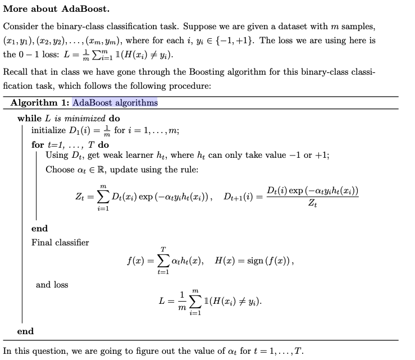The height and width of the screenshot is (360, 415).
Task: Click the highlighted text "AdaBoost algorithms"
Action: (115, 103)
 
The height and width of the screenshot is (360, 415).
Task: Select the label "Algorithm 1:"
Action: (40, 103)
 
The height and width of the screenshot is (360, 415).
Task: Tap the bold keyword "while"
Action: (29, 119)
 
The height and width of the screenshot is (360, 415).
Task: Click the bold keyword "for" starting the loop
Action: (38, 144)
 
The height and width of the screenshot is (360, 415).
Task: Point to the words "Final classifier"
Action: (60, 243)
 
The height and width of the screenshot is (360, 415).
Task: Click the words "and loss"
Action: (52, 285)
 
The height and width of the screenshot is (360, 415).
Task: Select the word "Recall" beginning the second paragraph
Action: (16, 72)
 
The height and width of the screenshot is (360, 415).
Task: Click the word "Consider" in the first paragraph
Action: (21, 27)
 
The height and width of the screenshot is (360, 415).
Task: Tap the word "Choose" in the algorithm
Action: (60, 170)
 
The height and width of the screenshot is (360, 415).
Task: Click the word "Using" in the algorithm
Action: (57, 156)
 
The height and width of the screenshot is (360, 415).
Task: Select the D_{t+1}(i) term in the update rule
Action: (240, 197)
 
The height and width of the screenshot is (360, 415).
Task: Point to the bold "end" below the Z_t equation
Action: (39, 229)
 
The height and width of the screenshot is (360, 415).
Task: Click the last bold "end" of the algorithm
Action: (25, 331)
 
